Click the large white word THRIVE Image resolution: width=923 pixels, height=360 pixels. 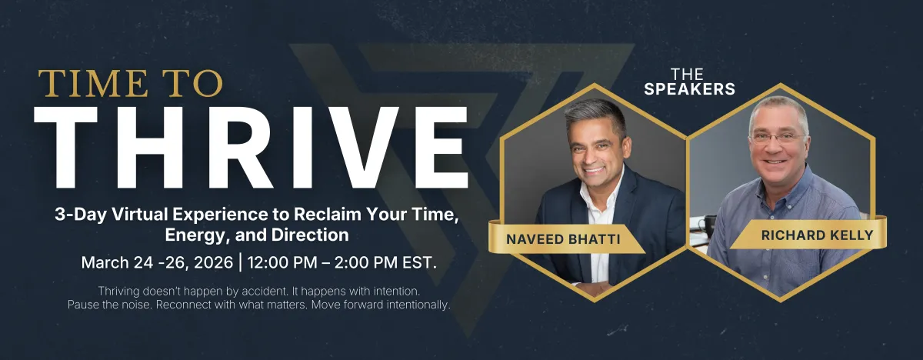(x=251, y=148)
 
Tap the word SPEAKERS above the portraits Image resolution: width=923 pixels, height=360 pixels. (x=689, y=89)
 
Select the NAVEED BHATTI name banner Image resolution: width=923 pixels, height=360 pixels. (x=566, y=238)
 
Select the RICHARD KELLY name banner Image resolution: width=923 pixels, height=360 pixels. (x=808, y=235)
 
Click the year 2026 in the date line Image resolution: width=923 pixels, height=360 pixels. (x=213, y=262)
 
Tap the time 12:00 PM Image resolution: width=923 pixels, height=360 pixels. (x=282, y=262)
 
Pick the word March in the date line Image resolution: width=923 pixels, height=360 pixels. (x=105, y=262)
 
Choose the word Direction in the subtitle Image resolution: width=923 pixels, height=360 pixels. (x=310, y=235)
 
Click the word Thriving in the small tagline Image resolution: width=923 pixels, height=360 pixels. (x=118, y=292)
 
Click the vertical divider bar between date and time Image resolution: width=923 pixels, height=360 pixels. (x=241, y=262)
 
